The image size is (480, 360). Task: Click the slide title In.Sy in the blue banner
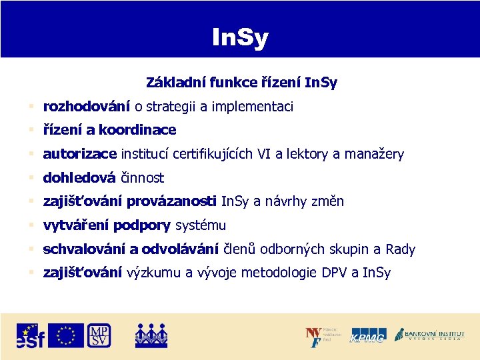(239, 38)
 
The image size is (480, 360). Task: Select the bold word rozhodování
(87, 107)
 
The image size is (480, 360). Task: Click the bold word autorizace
(80, 154)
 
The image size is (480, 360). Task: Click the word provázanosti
(171, 201)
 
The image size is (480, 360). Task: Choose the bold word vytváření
(76, 225)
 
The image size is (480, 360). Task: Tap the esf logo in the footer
(30, 336)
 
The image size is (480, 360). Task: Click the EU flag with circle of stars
(66, 335)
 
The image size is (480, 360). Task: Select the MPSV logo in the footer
(99, 335)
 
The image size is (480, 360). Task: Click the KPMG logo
(368, 336)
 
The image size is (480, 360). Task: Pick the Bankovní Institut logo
(429, 335)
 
